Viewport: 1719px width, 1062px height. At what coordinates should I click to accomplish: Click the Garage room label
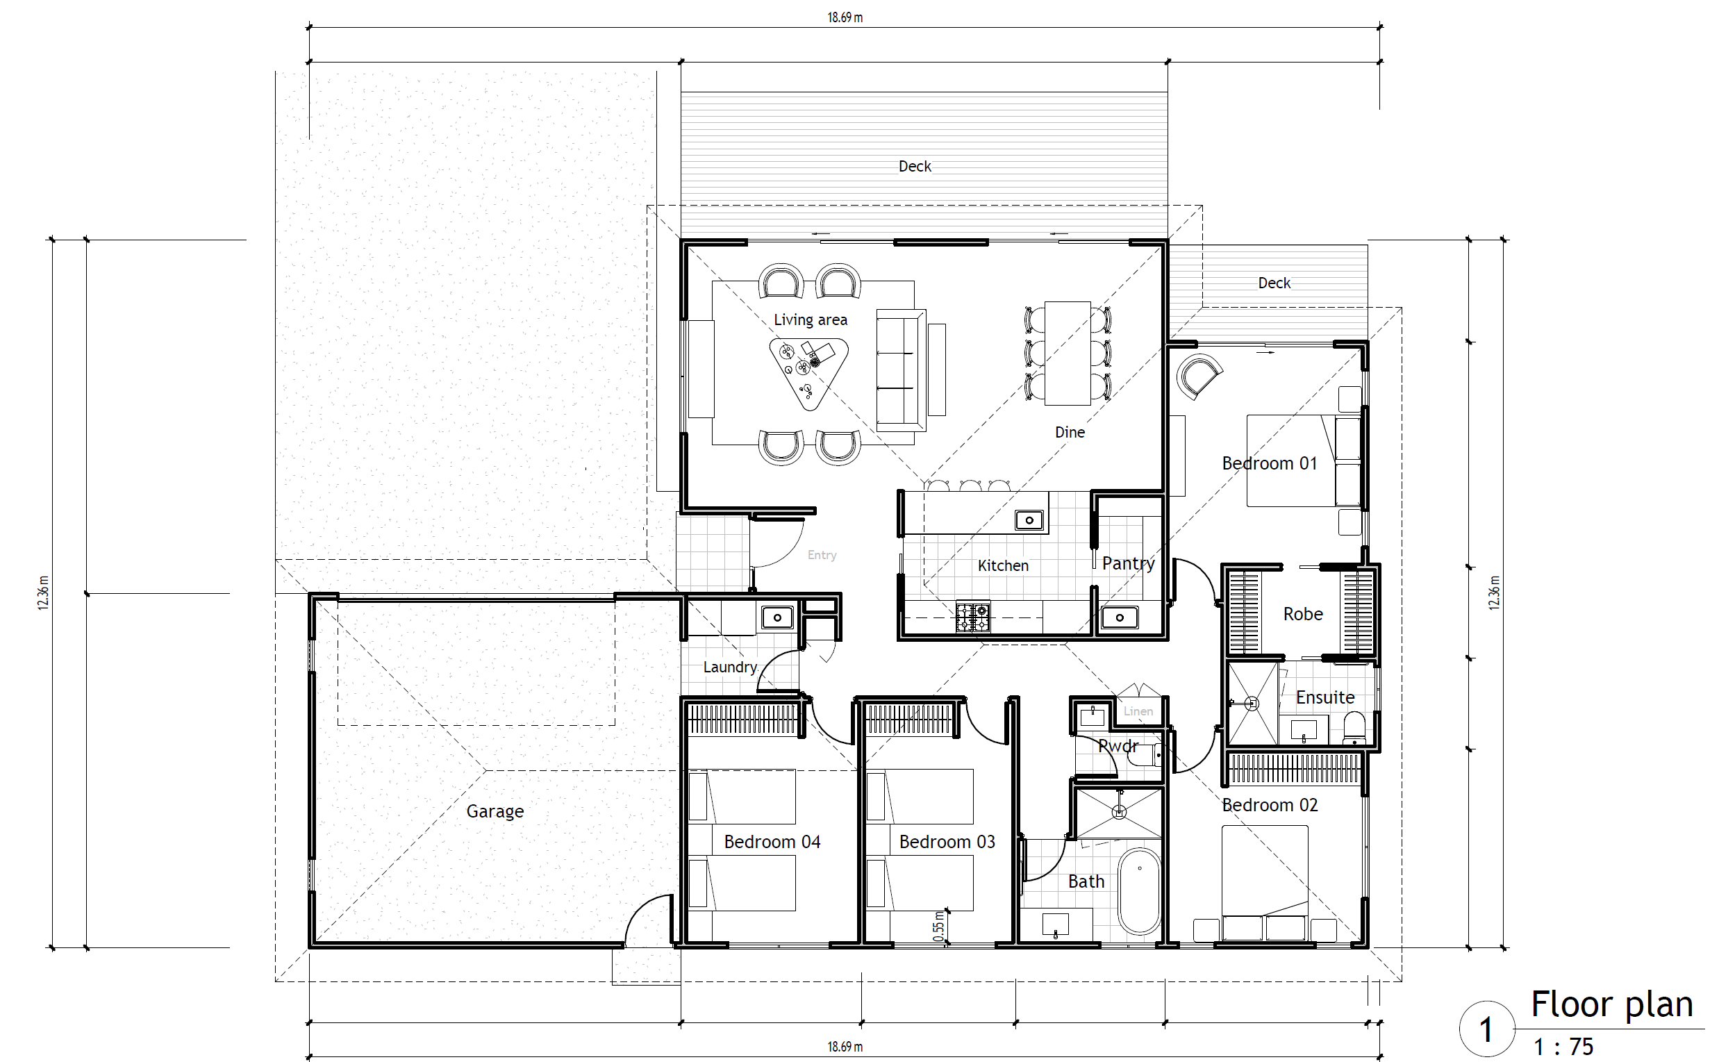[495, 811]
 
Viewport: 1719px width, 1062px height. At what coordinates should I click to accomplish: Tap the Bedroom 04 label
[772, 841]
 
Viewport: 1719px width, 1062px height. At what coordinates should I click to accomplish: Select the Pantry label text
[1129, 563]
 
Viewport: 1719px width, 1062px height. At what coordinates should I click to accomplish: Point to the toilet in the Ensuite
[1353, 728]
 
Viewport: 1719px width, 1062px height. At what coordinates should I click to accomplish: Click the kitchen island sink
[1029, 520]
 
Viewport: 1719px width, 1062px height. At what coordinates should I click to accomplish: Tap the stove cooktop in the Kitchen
[972, 617]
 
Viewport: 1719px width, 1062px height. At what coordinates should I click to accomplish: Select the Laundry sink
[777, 618]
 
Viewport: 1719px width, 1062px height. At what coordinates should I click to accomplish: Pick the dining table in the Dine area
[1068, 354]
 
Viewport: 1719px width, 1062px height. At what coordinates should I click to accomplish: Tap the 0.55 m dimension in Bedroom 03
[939, 927]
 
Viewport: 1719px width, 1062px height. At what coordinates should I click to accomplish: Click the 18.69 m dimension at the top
[845, 17]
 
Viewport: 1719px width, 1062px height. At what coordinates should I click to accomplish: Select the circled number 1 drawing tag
[1486, 1029]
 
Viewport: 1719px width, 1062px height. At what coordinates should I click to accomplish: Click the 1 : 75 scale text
[1563, 1047]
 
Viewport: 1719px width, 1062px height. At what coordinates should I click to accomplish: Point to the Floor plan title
[1611, 1004]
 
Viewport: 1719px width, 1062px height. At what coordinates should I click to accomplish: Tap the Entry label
[822, 556]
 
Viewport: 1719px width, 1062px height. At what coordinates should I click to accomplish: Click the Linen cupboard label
[1138, 711]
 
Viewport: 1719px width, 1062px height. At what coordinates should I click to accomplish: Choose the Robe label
[1302, 614]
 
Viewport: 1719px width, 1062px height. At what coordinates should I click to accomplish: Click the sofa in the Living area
[900, 370]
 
